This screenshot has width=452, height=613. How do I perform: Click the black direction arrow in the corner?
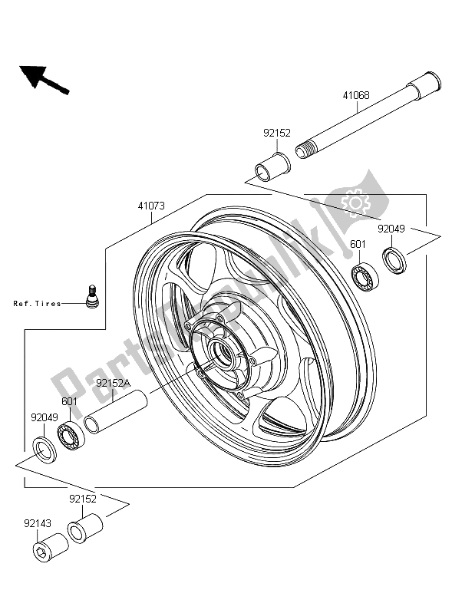click(44, 80)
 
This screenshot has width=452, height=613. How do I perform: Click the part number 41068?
click(356, 95)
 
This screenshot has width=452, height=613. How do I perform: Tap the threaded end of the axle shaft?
click(305, 150)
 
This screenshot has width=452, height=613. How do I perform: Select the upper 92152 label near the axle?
click(277, 133)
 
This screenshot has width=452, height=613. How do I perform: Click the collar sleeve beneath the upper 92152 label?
click(272, 168)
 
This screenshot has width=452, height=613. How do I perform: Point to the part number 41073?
click(151, 206)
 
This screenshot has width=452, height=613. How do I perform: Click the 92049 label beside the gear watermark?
click(391, 229)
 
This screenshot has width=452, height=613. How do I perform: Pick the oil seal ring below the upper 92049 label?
click(394, 260)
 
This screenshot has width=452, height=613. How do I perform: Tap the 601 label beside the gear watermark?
click(358, 244)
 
